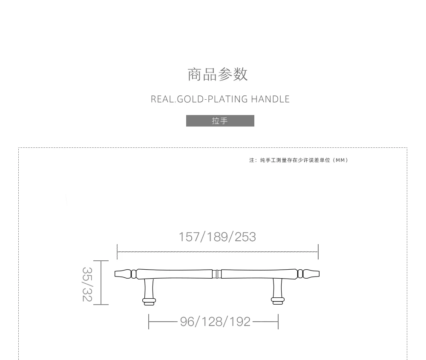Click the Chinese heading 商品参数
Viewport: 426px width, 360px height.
pos(218,75)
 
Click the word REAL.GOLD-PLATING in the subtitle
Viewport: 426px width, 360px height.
pos(199,99)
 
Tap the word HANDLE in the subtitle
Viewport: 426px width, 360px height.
pos(270,99)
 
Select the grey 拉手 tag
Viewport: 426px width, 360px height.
pos(220,121)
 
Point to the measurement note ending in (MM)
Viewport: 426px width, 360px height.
pos(299,160)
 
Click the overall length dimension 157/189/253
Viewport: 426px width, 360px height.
pos(217,237)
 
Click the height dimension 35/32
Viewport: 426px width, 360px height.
pos(87,284)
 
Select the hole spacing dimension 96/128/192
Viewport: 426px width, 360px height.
pos(215,322)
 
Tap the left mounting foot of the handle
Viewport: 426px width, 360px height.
pos(149,301)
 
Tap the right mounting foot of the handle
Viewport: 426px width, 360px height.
pos(277,301)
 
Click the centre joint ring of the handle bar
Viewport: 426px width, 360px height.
pos(217,274)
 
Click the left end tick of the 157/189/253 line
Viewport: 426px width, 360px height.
pos(118,252)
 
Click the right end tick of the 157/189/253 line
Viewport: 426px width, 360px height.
pos(318,252)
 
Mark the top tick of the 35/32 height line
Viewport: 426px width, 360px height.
pos(101,261)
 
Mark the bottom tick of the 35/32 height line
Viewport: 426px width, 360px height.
pos(101,305)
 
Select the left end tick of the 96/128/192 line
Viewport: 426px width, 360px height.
pos(149,322)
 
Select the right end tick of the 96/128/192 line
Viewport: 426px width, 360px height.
pos(278,322)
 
